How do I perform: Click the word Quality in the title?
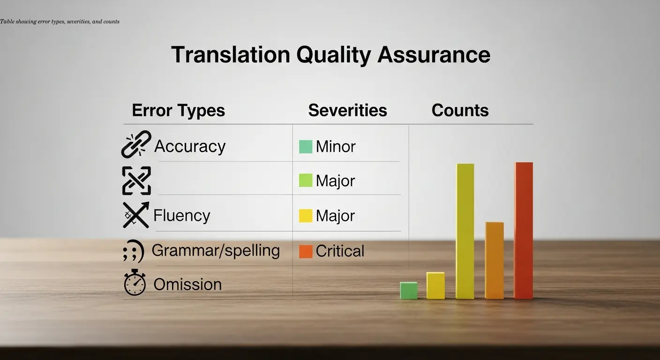pyautogui.click(x=333, y=55)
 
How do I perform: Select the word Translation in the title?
pyautogui.click(x=231, y=55)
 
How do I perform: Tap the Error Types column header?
pyautogui.click(x=178, y=111)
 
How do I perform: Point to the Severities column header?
pyautogui.click(x=347, y=111)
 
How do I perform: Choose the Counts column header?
pyautogui.click(x=460, y=111)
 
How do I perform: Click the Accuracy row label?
pyautogui.click(x=190, y=146)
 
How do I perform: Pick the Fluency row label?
pyautogui.click(x=182, y=216)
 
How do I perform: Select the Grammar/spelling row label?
pyautogui.click(x=216, y=250)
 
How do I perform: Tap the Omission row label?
pyautogui.click(x=187, y=285)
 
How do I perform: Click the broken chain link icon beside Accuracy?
pyautogui.click(x=136, y=144)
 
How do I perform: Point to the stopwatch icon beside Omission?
pyautogui.click(x=135, y=283)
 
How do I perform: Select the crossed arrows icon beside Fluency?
pyautogui.click(x=136, y=215)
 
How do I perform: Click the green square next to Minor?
pyautogui.click(x=306, y=147)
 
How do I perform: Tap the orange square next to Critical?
pyautogui.click(x=306, y=251)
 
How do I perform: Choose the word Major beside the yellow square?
pyautogui.click(x=335, y=216)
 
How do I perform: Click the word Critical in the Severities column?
pyautogui.click(x=340, y=251)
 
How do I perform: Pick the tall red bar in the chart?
pyautogui.click(x=523, y=230)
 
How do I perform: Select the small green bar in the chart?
pyautogui.click(x=408, y=290)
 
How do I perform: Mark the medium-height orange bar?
pyautogui.click(x=494, y=260)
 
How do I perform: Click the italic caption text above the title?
pyautogui.click(x=60, y=22)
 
